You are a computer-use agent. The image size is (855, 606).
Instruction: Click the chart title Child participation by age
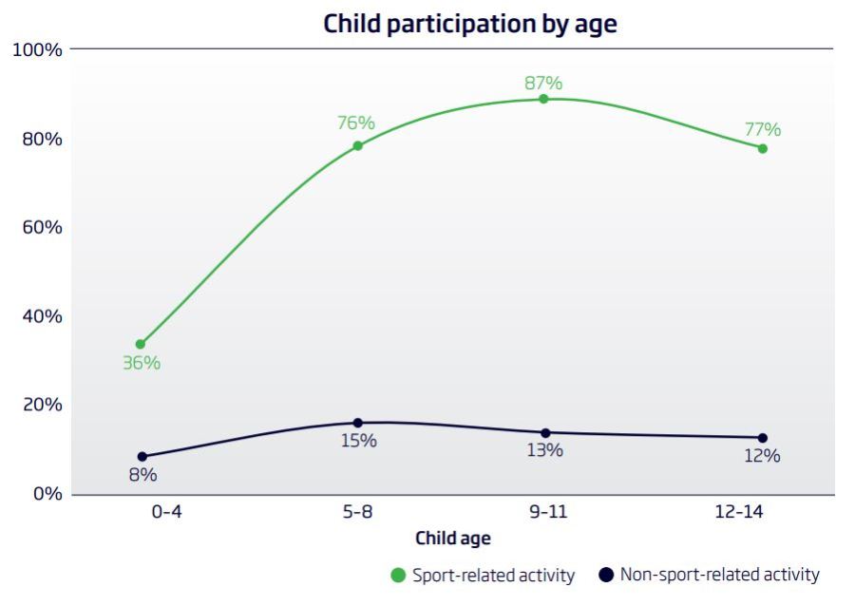coord(469,23)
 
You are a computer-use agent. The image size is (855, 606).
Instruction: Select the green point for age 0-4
coord(141,344)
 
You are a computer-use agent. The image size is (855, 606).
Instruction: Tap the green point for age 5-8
coord(358,145)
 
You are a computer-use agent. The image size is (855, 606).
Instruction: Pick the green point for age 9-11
coord(544,99)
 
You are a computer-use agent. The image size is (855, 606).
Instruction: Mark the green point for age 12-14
coord(762,148)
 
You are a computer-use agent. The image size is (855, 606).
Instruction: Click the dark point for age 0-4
coord(142,456)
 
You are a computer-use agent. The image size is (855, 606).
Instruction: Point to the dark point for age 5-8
coord(358,423)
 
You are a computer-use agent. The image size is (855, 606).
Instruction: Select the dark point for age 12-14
coord(762,438)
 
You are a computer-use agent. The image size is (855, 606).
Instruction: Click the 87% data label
coord(543,83)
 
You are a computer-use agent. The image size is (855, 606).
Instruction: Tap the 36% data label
coord(142,363)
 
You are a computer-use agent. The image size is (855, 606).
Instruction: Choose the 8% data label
coord(142,475)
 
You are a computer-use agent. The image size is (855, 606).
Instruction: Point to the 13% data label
coord(544,450)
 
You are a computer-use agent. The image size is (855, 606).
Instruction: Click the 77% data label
coord(762,129)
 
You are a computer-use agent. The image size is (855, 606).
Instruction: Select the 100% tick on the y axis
coord(37,49)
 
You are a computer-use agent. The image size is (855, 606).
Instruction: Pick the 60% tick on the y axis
coord(41,227)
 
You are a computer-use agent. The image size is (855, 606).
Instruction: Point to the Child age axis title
coord(453,539)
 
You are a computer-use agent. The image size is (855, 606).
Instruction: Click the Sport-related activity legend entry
coord(484,575)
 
